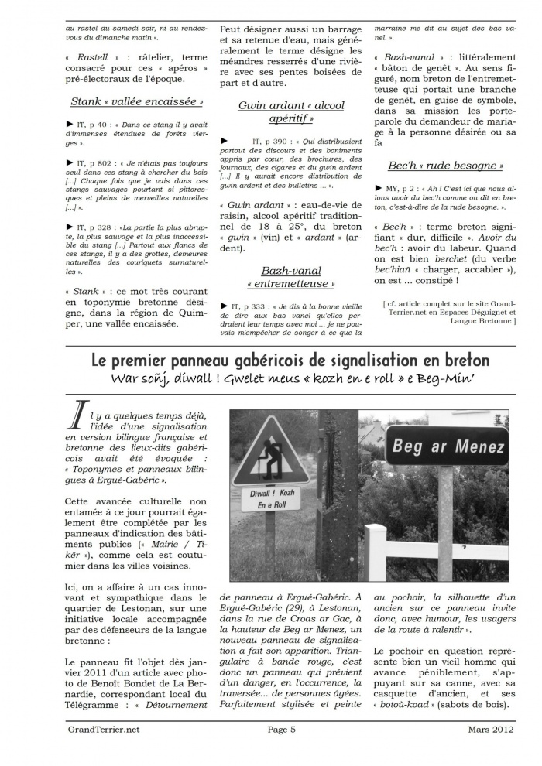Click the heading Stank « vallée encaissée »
[x=136, y=101]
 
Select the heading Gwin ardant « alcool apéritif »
[x=290, y=111]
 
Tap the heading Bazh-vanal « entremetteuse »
[x=290, y=277]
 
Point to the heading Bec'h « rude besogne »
[x=444, y=166]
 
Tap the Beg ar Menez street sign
[x=448, y=446]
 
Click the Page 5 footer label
[x=282, y=728]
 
